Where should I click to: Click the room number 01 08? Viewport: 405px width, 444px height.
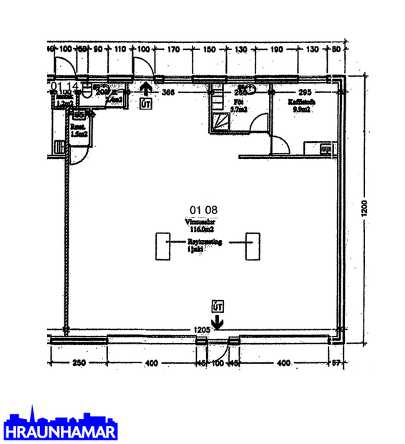203,210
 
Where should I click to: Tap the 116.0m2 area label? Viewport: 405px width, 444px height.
203,229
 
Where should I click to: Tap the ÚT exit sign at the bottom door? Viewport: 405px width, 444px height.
218,306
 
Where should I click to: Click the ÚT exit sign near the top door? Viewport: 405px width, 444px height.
146,104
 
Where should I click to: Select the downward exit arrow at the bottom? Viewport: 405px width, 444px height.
218,320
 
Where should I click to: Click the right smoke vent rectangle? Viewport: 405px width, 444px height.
253,247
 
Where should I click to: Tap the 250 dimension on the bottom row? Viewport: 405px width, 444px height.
79,364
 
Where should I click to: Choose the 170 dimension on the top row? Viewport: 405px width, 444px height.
173,49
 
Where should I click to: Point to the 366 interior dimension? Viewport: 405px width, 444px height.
167,92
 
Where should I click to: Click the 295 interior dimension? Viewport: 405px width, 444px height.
306,92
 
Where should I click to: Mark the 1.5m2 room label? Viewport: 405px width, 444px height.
79,133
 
